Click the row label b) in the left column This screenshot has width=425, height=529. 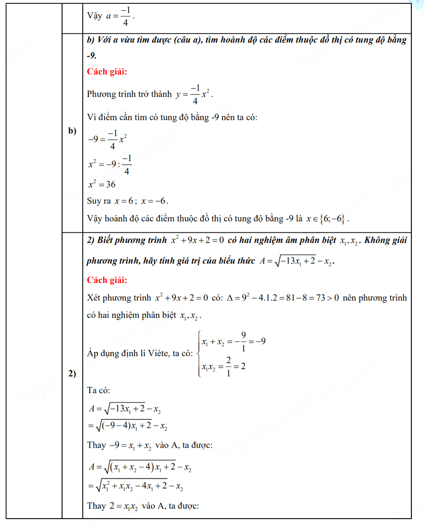pyautogui.click(x=71, y=131)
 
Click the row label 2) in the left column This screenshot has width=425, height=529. pyautogui.click(x=72, y=374)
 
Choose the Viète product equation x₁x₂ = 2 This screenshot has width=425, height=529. pyautogui.click(x=223, y=366)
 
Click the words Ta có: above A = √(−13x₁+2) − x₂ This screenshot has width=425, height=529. pyautogui.click(x=99, y=390)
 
